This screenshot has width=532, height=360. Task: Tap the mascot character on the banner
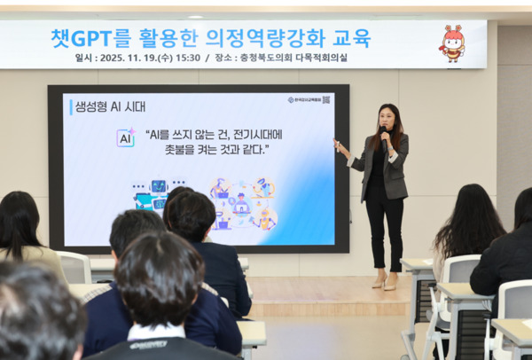pyautogui.click(x=452, y=43)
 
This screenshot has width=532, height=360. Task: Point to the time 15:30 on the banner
pyautogui.click(x=188, y=58)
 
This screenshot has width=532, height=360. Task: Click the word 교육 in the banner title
pyautogui.click(x=351, y=38)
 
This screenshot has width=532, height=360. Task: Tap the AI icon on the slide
pyautogui.click(x=125, y=137)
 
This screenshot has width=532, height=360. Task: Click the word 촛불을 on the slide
pyautogui.click(x=172, y=149)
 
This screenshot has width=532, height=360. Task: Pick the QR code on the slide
pyautogui.click(x=326, y=100)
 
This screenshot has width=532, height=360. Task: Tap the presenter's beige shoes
pyautogui.click(x=384, y=284)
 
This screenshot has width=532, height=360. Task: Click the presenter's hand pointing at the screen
pyautogui.click(x=337, y=142)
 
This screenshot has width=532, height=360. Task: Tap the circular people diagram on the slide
pyautogui.click(x=241, y=203)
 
